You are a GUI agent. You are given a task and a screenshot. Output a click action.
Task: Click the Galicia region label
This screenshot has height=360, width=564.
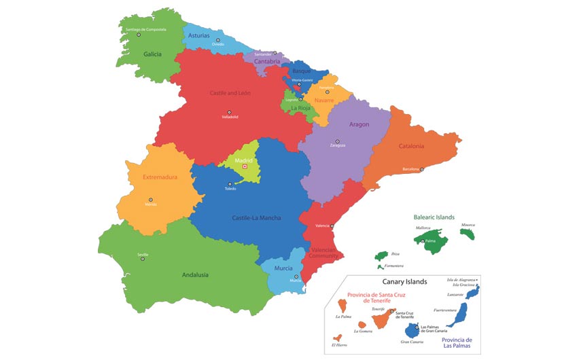pos(152,54)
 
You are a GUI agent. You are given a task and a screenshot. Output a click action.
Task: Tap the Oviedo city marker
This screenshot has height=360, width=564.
pos(218,40)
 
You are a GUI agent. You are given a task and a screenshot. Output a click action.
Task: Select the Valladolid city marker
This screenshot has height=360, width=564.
pos(230,111)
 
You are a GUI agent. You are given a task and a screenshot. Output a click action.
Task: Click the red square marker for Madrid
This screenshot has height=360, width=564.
pos(245,166)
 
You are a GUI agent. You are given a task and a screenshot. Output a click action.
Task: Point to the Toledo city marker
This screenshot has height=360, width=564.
pos(230,183)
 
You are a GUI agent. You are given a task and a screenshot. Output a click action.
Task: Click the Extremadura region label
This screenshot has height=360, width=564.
pos(160,177)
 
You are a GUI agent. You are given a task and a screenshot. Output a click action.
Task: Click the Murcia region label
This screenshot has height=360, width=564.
pos(283,268)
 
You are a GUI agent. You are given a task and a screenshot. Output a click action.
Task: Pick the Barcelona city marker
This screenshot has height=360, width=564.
pos(422,169)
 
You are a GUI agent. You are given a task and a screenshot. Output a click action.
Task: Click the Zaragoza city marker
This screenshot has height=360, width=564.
pos(337,141)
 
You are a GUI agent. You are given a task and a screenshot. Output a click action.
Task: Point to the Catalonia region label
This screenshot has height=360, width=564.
pos(412,146)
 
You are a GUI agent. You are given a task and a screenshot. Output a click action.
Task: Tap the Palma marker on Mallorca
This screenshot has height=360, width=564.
pos(423,241)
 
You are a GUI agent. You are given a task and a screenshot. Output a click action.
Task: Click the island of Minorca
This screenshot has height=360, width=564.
pos(468,233)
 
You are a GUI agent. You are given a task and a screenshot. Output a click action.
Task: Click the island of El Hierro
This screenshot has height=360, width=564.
pos(336,337)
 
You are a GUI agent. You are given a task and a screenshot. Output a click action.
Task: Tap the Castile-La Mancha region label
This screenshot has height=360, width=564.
pos(256,218)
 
